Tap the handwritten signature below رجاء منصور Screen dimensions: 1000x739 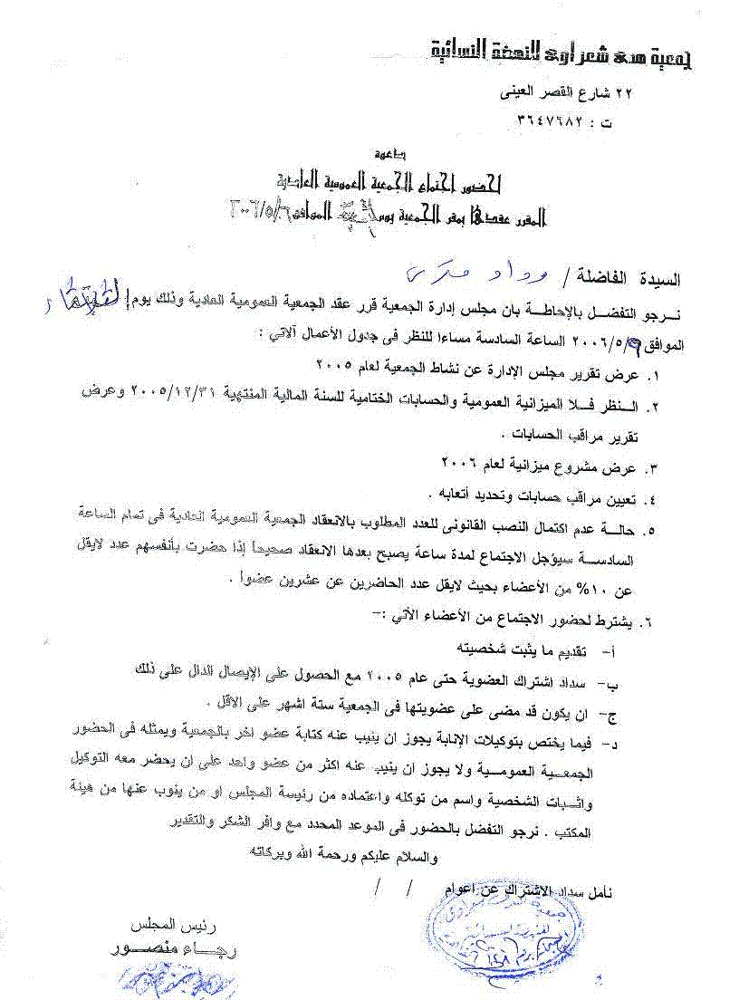tap(163, 984)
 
